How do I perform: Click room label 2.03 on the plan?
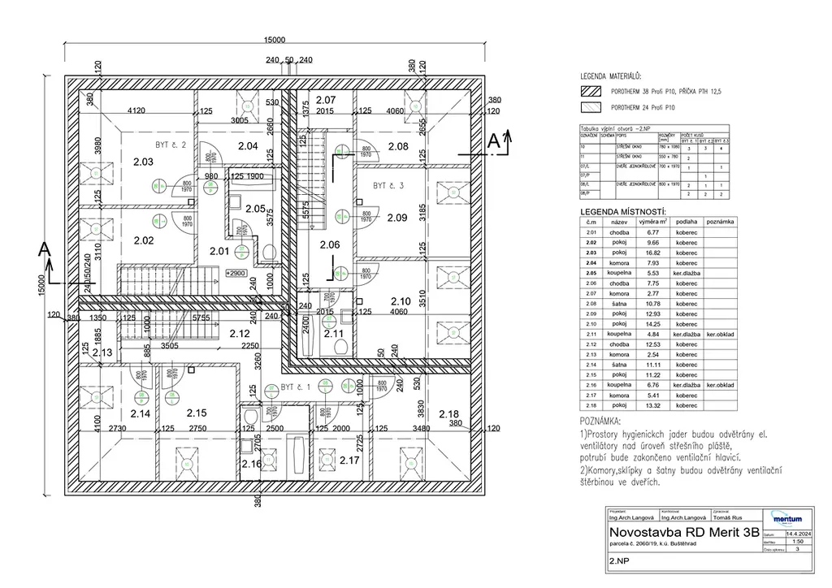143,162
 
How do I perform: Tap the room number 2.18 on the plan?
449,414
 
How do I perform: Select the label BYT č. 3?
388,186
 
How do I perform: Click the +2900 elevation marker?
236,274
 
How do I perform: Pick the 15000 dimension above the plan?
275,40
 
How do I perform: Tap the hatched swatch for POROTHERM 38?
590,92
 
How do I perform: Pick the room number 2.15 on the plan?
197,413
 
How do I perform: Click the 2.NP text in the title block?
619,560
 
